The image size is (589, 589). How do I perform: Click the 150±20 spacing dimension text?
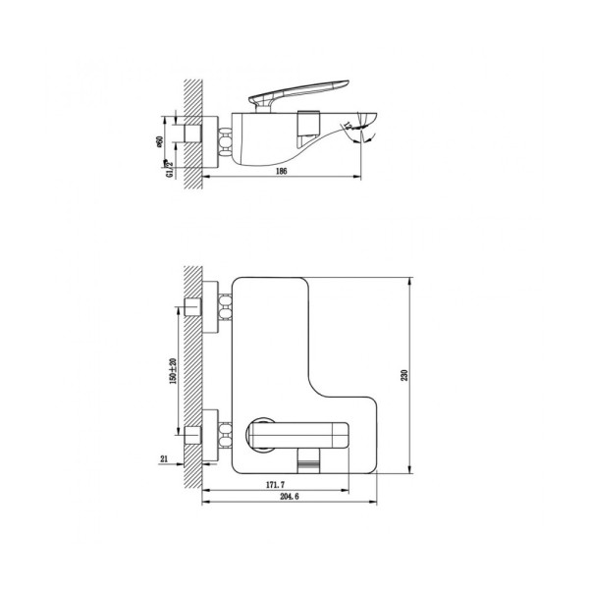(x=173, y=369)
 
